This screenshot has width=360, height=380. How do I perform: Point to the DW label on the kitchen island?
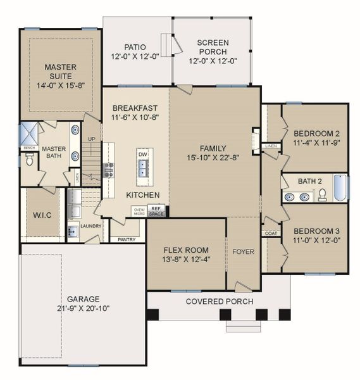[x=142, y=154]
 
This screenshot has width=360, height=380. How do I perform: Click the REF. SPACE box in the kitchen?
[x=156, y=212]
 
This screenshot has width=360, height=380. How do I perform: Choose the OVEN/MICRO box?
[x=139, y=212]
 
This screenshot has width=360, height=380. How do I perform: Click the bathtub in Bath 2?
[x=340, y=188]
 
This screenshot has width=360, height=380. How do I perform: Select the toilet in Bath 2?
[x=321, y=194]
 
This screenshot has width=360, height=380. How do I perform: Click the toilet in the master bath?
[x=29, y=161]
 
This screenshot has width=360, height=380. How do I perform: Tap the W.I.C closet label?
[x=42, y=215]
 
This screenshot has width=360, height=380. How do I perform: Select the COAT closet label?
[x=271, y=233]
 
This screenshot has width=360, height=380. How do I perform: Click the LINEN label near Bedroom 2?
[x=271, y=146]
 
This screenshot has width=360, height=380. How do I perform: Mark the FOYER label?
[x=243, y=252]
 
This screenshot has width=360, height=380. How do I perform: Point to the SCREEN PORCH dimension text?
[x=213, y=62]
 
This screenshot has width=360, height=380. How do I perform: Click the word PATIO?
[x=135, y=46]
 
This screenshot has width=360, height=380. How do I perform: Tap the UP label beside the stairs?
[x=91, y=139]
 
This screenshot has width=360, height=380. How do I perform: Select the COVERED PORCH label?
[x=219, y=301]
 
